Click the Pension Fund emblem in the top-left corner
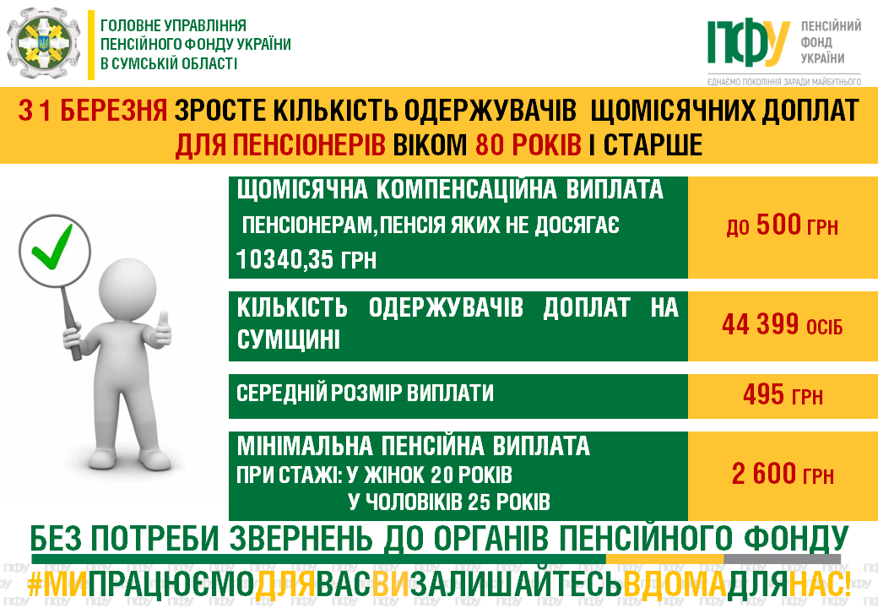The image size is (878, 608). (44, 43)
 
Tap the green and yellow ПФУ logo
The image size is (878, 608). (749, 42)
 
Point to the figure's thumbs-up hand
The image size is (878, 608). (162, 330)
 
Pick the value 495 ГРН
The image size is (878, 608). (783, 394)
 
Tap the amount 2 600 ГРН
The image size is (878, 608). (783, 474)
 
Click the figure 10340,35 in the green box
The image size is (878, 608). (285, 259)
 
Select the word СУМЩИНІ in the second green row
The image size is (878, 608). (289, 339)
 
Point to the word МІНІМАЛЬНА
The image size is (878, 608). (305, 446)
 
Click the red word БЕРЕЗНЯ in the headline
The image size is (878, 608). (113, 110)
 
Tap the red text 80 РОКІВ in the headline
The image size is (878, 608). (528, 145)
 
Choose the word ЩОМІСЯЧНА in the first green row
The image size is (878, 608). (302, 189)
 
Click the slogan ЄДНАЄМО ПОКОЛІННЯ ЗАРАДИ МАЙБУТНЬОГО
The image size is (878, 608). (784, 82)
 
